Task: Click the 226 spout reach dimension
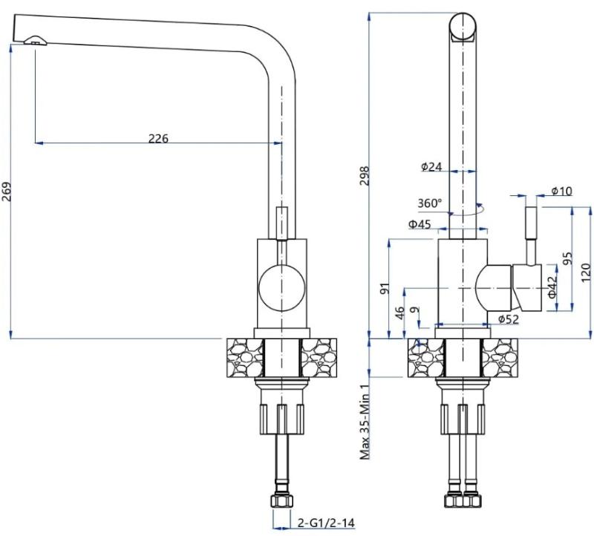point(158,139)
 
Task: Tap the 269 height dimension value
point(7,192)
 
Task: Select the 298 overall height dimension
point(365,175)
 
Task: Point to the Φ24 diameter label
point(431,166)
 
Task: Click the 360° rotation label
point(430,203)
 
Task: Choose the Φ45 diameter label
point(420,224)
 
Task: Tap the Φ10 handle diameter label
point(561,191)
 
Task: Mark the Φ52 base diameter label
point(509,319)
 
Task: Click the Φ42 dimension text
point(552,287)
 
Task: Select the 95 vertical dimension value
point(567,258)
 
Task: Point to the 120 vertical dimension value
point(586,272)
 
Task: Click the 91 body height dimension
point(385,289)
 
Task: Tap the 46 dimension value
point(399,313)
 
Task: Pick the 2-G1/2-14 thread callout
point(326,523)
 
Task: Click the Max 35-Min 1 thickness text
point(365,422)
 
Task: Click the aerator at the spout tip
point(35,40)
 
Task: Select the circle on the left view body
point(281,287)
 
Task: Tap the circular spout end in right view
point(463,27)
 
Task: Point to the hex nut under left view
point(282,501)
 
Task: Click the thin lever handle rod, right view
point(531,223)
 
